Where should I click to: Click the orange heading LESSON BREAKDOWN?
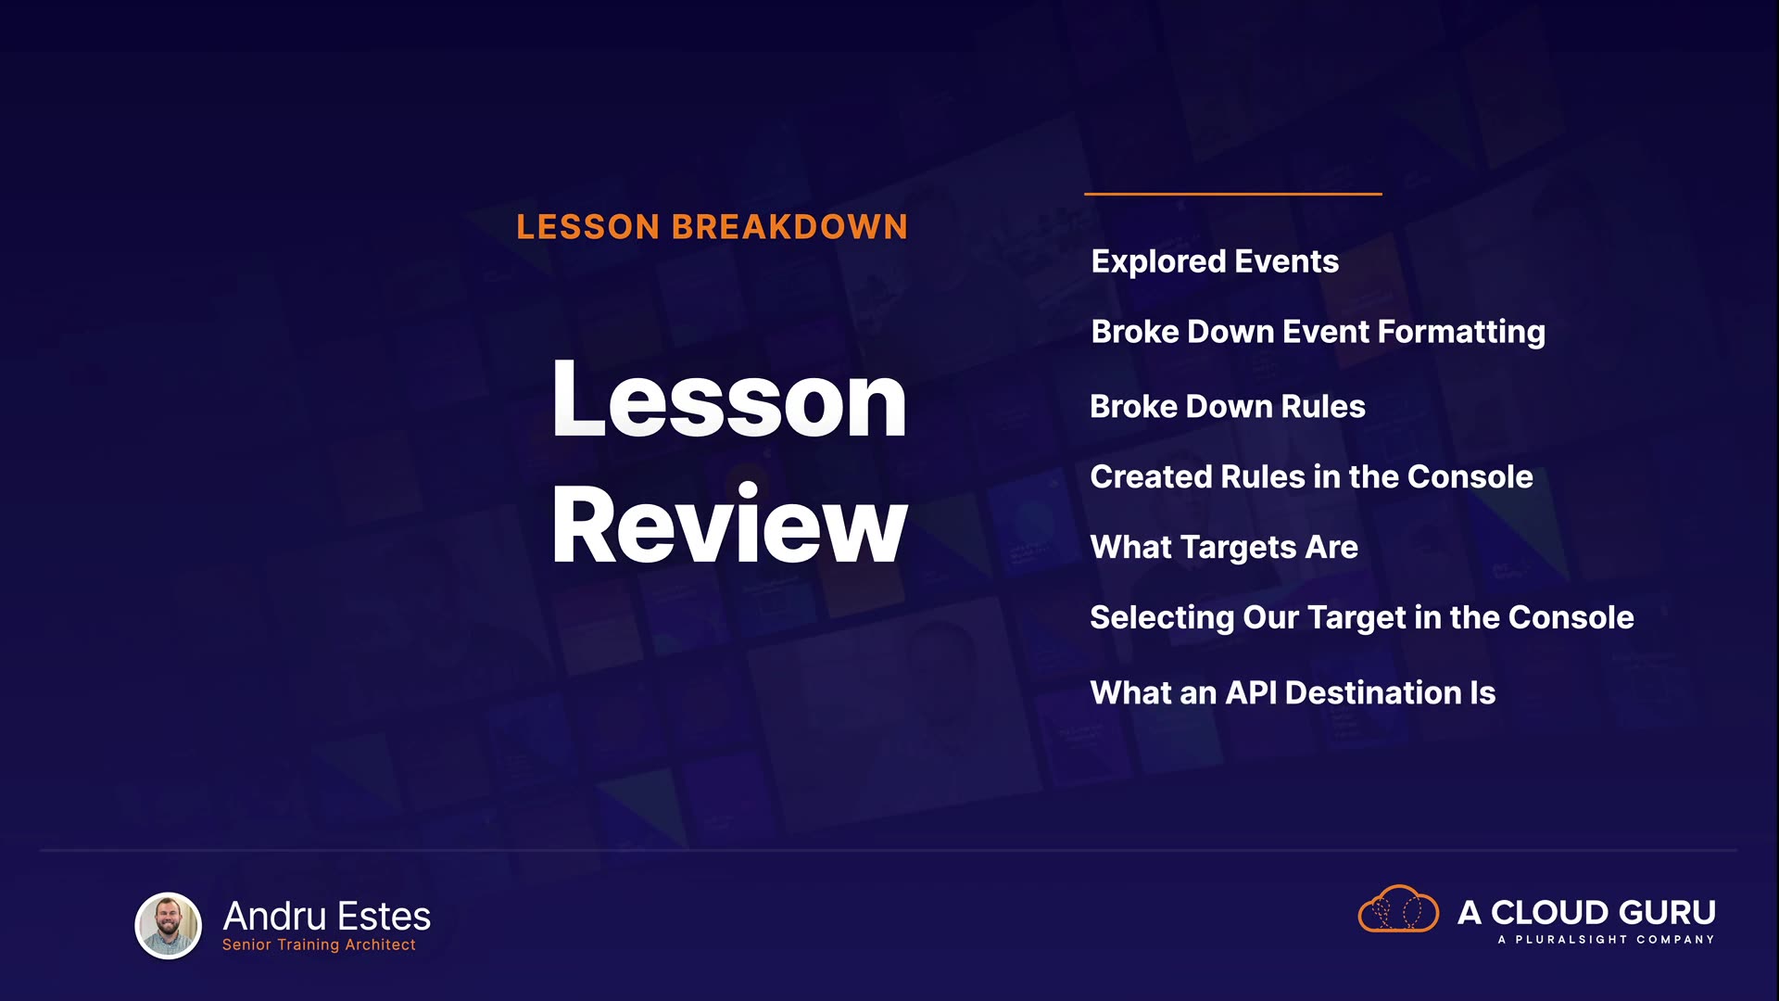tap(712, 227)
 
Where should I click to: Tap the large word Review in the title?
tap(729, 525)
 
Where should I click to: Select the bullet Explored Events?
tap(1215, 261)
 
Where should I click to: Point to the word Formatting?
tap(1461, 333)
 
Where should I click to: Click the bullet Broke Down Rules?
tap(1228, 406)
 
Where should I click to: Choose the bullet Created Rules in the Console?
tap(1311, 476)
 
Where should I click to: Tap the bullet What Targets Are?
tap(1224, 548)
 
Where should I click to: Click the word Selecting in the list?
tap(1162, 618)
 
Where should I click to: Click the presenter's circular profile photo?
tap(169, 925)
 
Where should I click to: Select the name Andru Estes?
tap(327, 917)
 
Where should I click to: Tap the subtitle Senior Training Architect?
tap(319, 944)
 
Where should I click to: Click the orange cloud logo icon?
tap(1398, 908)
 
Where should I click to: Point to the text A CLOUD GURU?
tap(1586, 913)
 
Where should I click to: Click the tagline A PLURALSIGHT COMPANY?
tap(1606, 940)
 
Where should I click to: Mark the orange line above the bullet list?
tap(1233, 194)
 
